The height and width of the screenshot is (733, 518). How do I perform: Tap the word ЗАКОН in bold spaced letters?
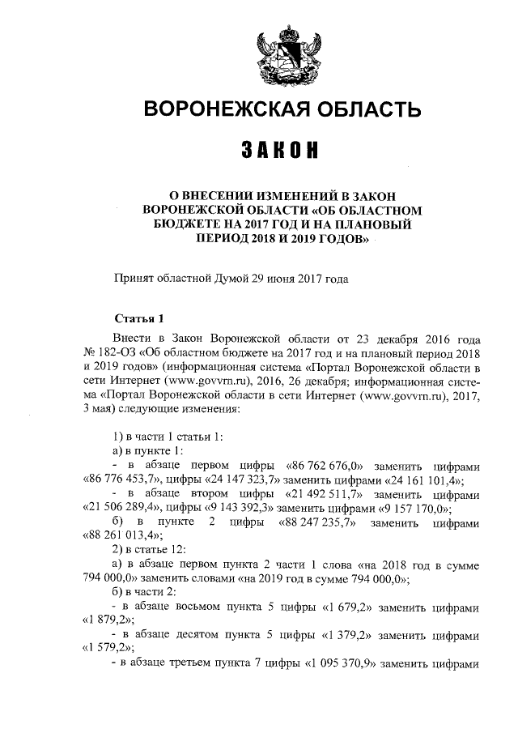(x=279, y=150)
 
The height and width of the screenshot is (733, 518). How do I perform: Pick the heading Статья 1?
(x=140, y=316)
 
